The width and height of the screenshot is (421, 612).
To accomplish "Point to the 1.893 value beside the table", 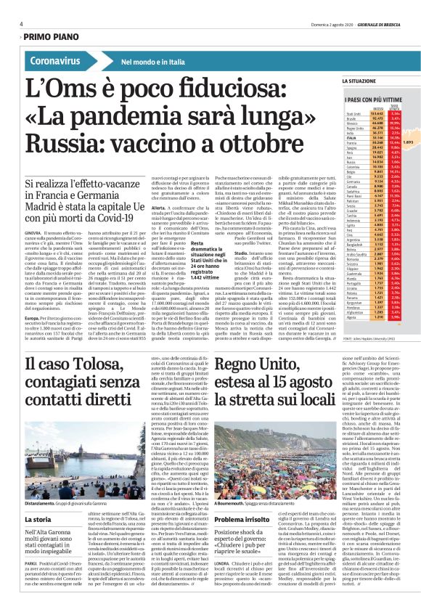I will (408, 143).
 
